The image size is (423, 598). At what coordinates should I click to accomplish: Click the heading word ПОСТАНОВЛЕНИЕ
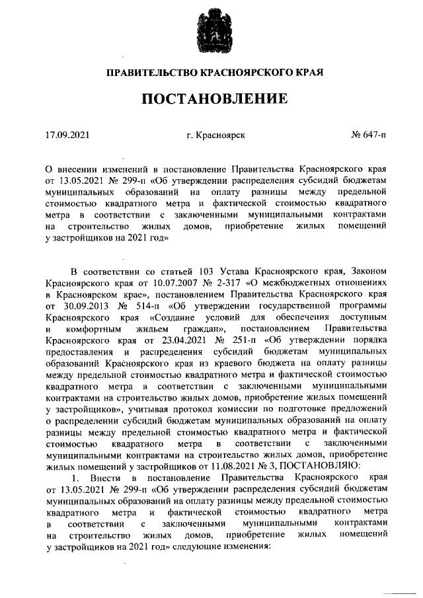click(x=211, y=100)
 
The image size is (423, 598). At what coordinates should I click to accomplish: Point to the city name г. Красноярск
click(x=215, y=135)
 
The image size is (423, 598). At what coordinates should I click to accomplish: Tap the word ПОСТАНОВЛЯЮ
click(x=313, y=466)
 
